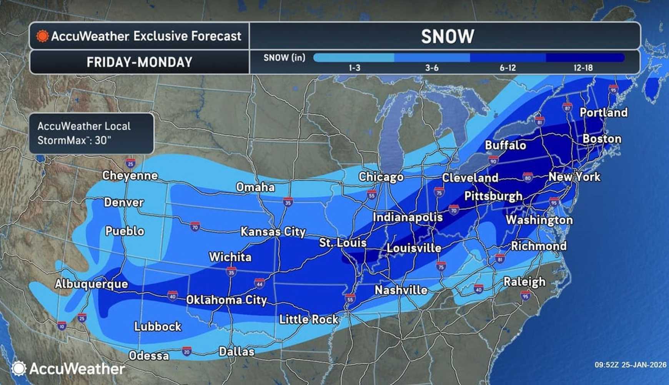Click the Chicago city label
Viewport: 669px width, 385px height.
(381, 177)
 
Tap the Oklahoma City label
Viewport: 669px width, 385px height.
(226, 300)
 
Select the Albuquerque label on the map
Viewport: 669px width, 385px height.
(91, 284)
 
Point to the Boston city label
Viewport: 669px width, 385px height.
(602, 139)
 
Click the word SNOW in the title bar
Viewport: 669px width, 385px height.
(447, 37)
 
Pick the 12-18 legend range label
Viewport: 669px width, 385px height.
(583, 68)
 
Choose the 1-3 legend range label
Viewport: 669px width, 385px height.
(354, 68)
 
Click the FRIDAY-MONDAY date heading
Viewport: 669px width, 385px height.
(139, 62)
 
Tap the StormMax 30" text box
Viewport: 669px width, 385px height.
(92, 133)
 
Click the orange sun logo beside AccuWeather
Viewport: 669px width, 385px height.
(42, 36)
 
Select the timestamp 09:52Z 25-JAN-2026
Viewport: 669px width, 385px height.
(630, 365)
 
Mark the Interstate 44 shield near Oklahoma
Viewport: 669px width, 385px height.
(259, 283)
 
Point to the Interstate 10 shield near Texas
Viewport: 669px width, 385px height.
(62, 326)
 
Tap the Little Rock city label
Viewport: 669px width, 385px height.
(308, 319)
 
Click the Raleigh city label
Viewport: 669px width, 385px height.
(524, 282)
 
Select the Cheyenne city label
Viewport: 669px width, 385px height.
(130, 176)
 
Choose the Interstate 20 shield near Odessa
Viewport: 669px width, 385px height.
(186, 351)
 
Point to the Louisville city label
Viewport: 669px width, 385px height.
(414, 248)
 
